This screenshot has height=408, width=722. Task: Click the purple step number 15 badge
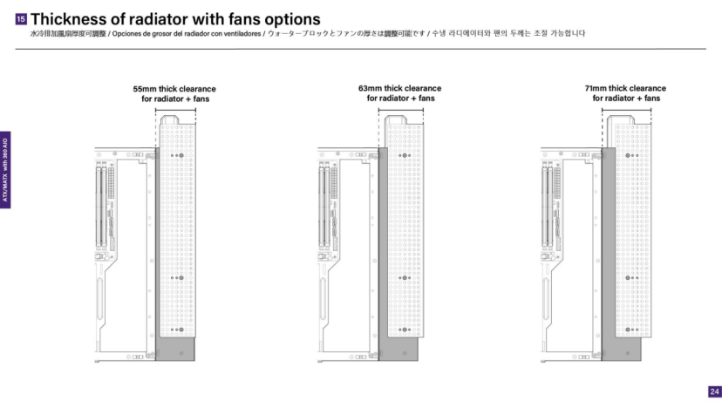22,19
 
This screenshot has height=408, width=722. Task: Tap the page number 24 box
714,391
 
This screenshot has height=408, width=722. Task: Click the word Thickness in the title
71,19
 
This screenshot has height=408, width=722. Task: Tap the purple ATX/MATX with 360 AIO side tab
5,169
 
